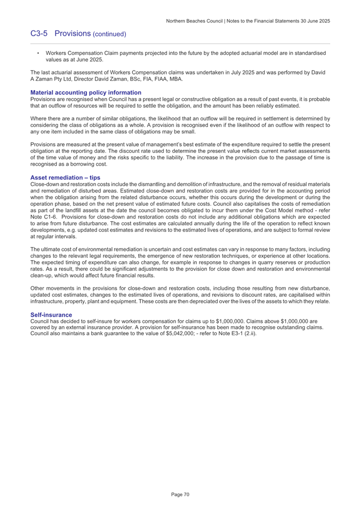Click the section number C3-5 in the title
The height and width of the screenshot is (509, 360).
(39, 34)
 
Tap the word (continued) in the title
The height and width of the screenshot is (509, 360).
(110, 34)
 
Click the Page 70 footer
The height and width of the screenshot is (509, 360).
(180, 494)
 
